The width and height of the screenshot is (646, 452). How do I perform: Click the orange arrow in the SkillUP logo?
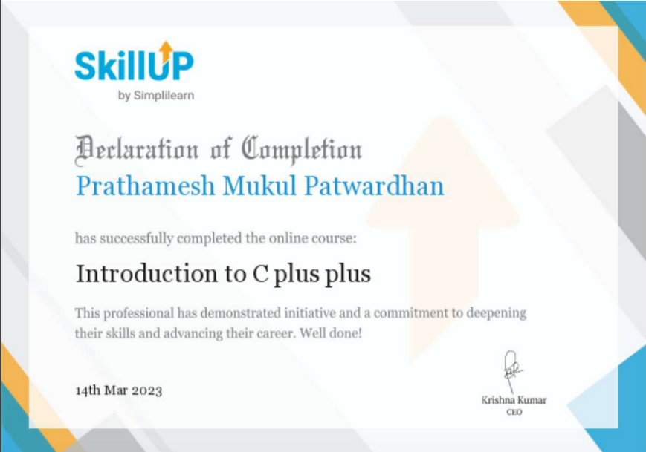[x=167, y=51]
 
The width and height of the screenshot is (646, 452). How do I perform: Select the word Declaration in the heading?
[x=137, y=150]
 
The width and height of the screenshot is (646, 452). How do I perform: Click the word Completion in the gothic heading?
[x=302, y=150]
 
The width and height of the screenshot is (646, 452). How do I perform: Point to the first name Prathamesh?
[x=146, y=186]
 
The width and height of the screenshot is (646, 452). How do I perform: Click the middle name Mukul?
[x=259, y=186]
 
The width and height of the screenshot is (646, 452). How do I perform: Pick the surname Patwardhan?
[x=374, y=186]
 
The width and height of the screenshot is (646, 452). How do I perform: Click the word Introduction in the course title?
[x=146, y=274]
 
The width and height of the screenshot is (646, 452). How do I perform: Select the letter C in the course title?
[x=260, y=274]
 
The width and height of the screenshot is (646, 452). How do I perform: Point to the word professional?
[x=139, y=314]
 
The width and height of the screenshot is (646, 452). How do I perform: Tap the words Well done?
[x=331, y=333]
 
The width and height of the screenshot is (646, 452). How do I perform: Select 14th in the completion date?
[x=88, y=390]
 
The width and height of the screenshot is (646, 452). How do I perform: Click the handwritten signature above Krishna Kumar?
[x=511, y=371]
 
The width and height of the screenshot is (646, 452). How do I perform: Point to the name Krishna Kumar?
[x=514, y=400]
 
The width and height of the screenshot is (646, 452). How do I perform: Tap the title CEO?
[x=514, y=412]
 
